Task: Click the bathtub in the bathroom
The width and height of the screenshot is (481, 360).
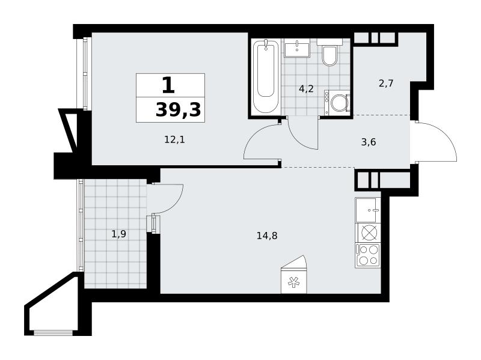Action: pyautogui.click(x=266, y=76)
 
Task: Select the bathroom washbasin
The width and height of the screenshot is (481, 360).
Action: pyautogui.click(x=296, y=48)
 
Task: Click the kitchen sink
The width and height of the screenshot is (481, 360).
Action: pyautogui.click(x=367, y=210)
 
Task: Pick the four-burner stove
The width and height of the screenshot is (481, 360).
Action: pyautogui.click(x=368, y=255)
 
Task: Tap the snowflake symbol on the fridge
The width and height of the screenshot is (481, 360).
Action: pyautogui.click(x=293, y=282)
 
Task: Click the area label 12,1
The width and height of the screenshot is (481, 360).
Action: pyautogui.click(x=174, y=140)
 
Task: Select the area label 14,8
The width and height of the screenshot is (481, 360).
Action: pyautogui.click(x=267, y=236)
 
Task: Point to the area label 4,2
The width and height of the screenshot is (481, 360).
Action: pyautogui.click(x=307, y=89)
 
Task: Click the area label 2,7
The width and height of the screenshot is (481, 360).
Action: pyautogui.click(x=386, y=83)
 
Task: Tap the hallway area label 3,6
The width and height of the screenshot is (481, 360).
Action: pyautogui.click(x=369, y=142)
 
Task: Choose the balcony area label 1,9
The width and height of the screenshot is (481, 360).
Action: pyautogui.click(x=118, y=234)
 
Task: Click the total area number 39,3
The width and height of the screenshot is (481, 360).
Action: pyautogui.click(x=178, y=110)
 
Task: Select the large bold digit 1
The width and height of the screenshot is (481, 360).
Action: pyautogui.click(x=168, y=85)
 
